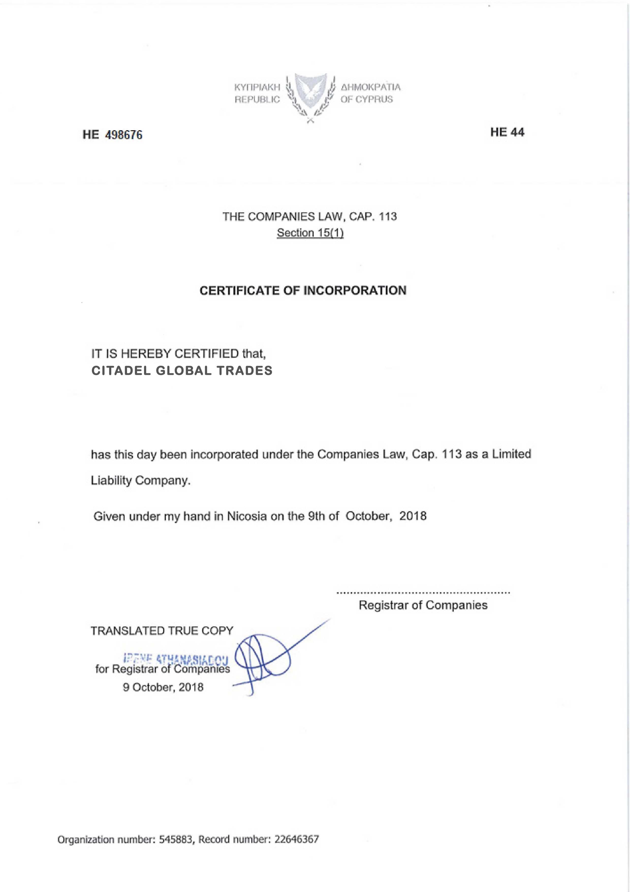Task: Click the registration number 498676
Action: (x=124, y=135)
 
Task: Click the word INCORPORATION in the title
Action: (x=354, y=291)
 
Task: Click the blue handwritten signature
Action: (x=264, y=659)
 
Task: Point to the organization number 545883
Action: (x=176, y=840)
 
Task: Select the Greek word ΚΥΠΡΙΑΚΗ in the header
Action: (x=257, y=87)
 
